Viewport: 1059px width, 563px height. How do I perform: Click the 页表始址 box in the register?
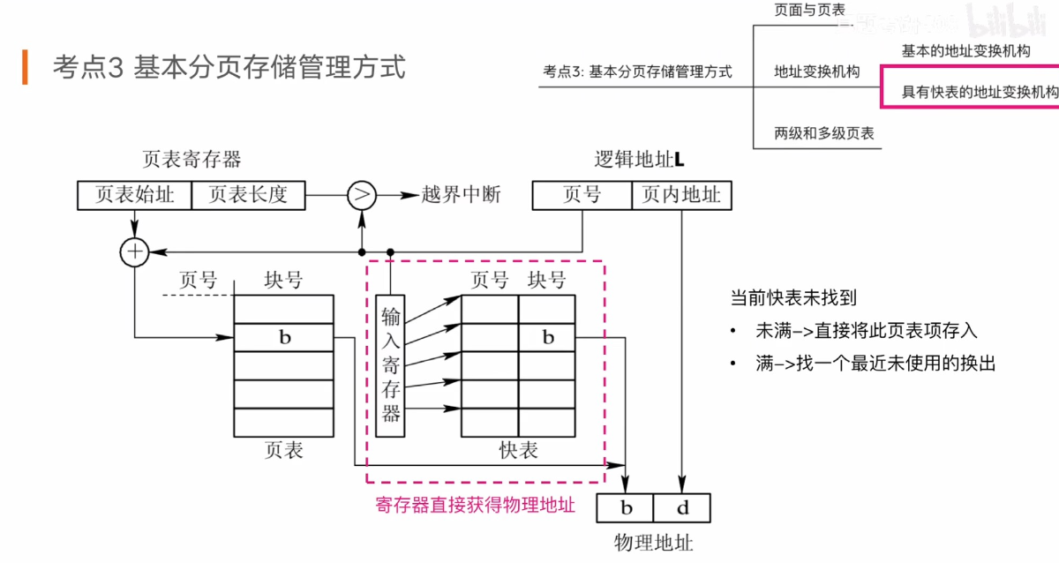tap(134, 195)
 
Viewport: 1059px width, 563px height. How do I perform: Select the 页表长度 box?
tap(248, 195)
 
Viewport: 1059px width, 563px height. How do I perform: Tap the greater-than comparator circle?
tap(360, 195)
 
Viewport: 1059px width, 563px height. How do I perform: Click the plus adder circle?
tap(134, 252)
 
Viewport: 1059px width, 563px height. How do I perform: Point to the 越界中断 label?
tap(462, 195)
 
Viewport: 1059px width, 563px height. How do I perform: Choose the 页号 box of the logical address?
tap(582, 195)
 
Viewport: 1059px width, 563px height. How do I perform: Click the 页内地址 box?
tap(681, 195)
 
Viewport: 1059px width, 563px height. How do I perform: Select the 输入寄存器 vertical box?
tap(391, 365)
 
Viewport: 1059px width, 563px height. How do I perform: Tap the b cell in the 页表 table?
tap(284, 337)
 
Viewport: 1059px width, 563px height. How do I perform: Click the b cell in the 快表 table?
tap(547, 337)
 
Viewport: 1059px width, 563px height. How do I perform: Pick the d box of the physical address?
tap(682, 508)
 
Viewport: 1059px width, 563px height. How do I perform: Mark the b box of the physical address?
tap(626, 508)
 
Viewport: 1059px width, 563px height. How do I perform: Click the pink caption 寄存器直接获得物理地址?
tap(475, 505)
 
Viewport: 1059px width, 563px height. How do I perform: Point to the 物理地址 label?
tap(654, 542)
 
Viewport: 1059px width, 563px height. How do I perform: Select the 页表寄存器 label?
tap(192, 160)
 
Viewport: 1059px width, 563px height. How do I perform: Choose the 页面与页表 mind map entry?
tap(809, 10)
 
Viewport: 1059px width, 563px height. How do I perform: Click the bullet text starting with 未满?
tap(867, 331)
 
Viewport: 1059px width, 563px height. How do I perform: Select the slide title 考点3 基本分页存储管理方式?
tap(229, 67)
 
